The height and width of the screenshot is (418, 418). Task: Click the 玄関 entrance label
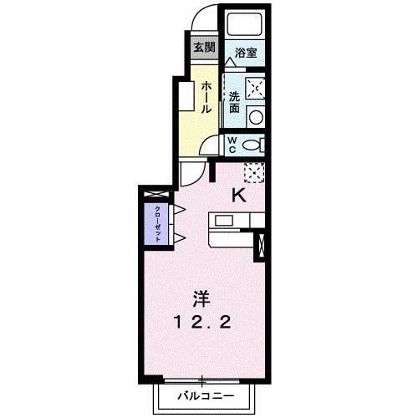coord(203,47)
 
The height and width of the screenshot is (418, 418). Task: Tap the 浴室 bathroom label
coord(245,53)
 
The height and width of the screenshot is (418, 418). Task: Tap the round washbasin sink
coord(256,115)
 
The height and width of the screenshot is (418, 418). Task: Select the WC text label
coord(232,145)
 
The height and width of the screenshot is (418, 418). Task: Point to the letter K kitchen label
coord(237,196)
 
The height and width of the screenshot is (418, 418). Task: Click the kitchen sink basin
coord(226,221)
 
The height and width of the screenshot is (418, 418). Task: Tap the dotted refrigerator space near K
coord(254,172)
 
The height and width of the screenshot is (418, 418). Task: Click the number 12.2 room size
coord(202,321)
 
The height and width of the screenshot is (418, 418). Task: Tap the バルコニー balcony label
coord(201,395)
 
